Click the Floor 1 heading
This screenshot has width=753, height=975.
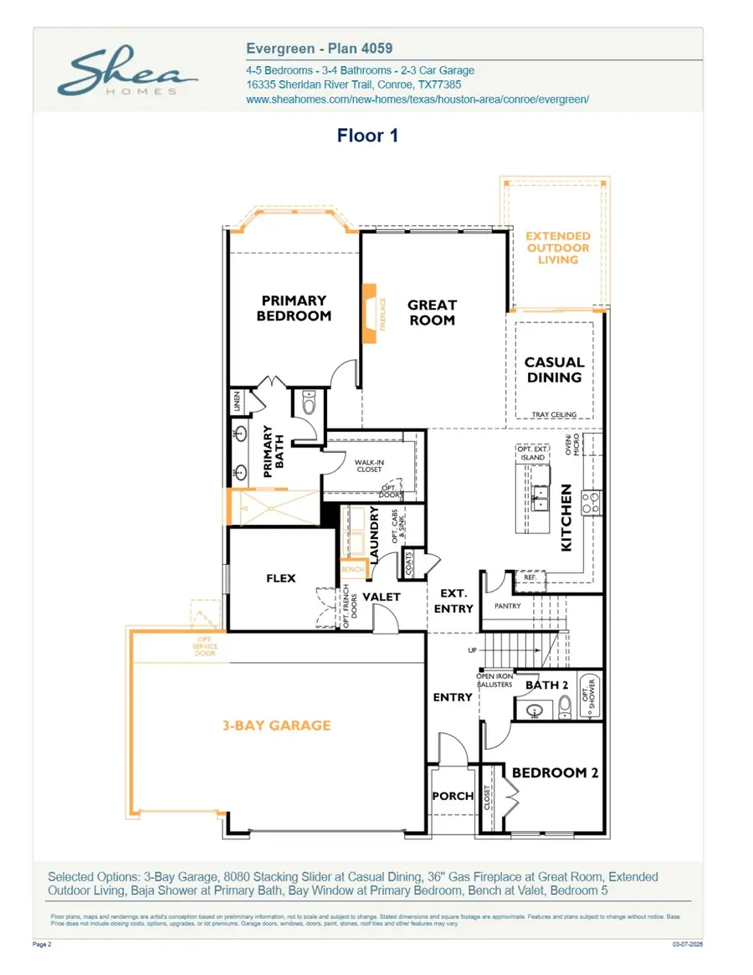[367, 136]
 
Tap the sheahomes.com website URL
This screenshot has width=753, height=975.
[417, 99]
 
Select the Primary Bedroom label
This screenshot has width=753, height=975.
[294, 308]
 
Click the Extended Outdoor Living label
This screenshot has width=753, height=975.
[558, 248]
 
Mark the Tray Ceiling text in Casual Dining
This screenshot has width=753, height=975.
[556, 414]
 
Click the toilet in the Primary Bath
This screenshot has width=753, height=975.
[308, 404]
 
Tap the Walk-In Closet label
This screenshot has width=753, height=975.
[369, 466]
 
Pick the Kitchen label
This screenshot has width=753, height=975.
[566, 517]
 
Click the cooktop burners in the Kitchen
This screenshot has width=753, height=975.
[590, 502]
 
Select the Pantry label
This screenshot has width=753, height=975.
[508, 606]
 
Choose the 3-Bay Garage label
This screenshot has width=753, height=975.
[276, 725]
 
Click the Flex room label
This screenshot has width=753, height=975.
[280, 578]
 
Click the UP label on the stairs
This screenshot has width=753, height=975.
[471, 650]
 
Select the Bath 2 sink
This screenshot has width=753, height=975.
[536, 712]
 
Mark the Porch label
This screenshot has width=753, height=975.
[453, 796]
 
